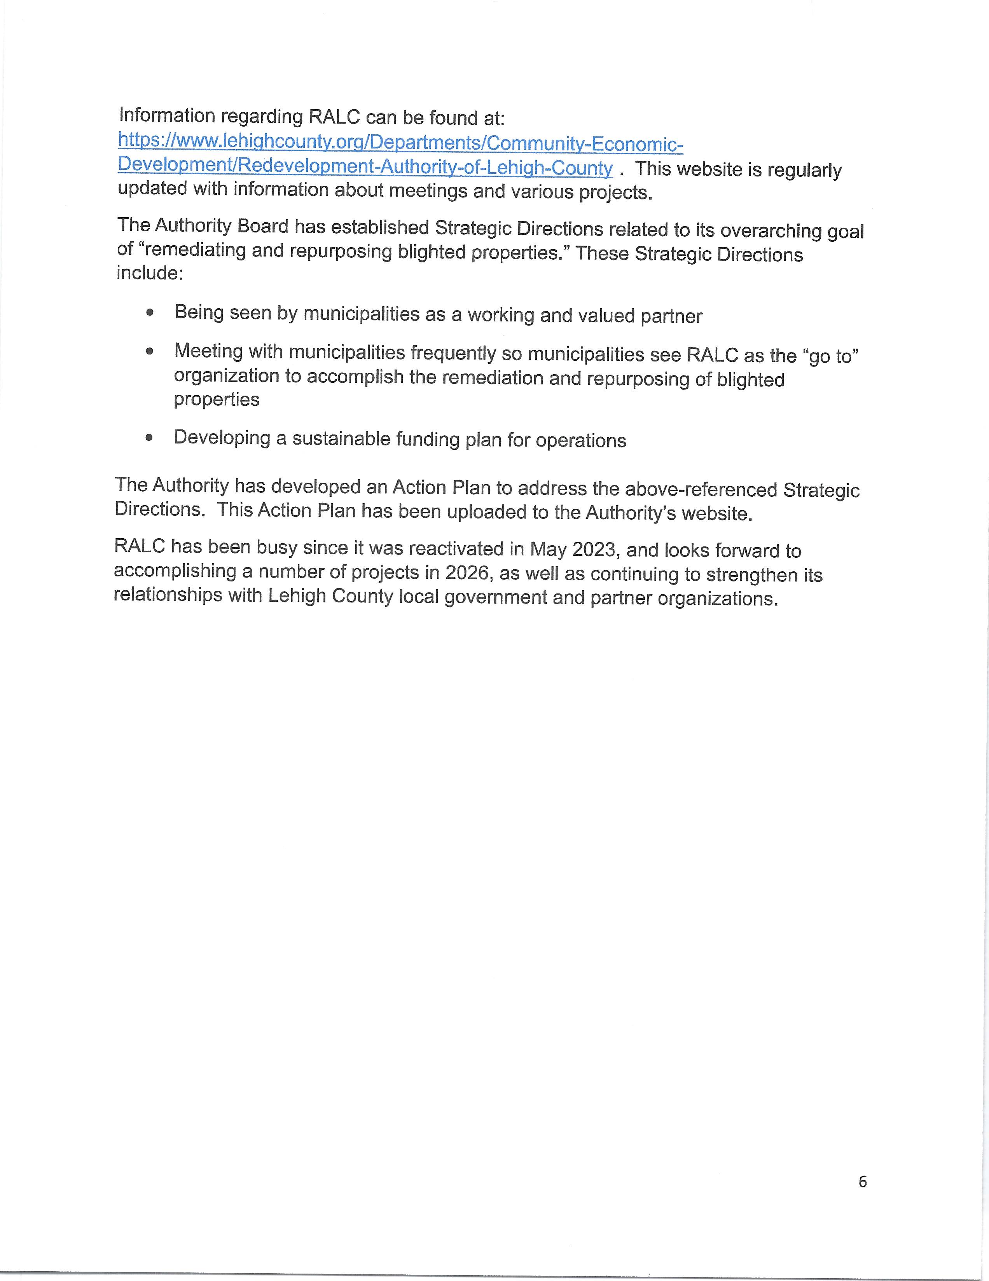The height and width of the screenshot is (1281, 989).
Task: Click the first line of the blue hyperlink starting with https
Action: pos(401,143)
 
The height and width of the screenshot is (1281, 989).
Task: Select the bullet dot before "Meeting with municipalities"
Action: pos(150,351)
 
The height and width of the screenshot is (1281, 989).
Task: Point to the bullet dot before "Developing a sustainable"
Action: pos(150,438)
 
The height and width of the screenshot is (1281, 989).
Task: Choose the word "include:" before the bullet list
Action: pos(150,273)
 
